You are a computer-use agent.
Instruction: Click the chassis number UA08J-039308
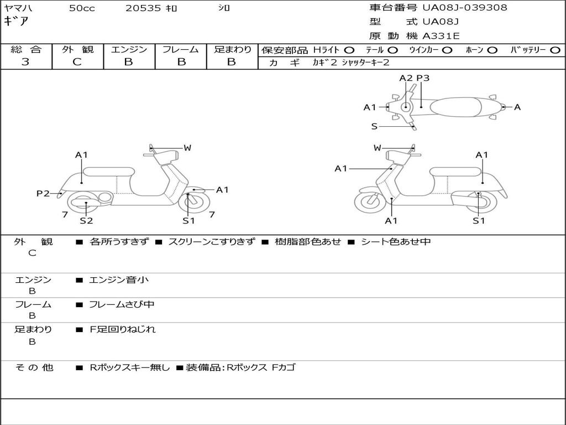[x=465, y=8]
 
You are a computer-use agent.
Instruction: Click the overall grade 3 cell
[x=25, y=62]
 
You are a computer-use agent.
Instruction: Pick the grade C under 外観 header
[x=77, y=62]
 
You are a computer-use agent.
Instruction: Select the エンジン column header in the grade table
[x=129, y=49]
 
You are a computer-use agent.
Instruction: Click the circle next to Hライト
[x=349, y=50]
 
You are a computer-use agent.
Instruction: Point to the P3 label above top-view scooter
[x=423, y=78]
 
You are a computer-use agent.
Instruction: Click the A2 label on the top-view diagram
[x=406, y=78]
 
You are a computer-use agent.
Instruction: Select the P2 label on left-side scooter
[x=43, y=193]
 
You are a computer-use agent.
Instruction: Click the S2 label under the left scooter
[x=86, y=220]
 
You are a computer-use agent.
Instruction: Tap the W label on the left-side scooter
[x=187, y=148]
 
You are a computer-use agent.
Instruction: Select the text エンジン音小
[x=119, y=280]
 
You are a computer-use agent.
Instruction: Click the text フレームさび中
[x=122, y=304]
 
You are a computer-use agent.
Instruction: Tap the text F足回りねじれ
[x=123, y=329]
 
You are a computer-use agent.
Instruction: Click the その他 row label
[x=33, y=367]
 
